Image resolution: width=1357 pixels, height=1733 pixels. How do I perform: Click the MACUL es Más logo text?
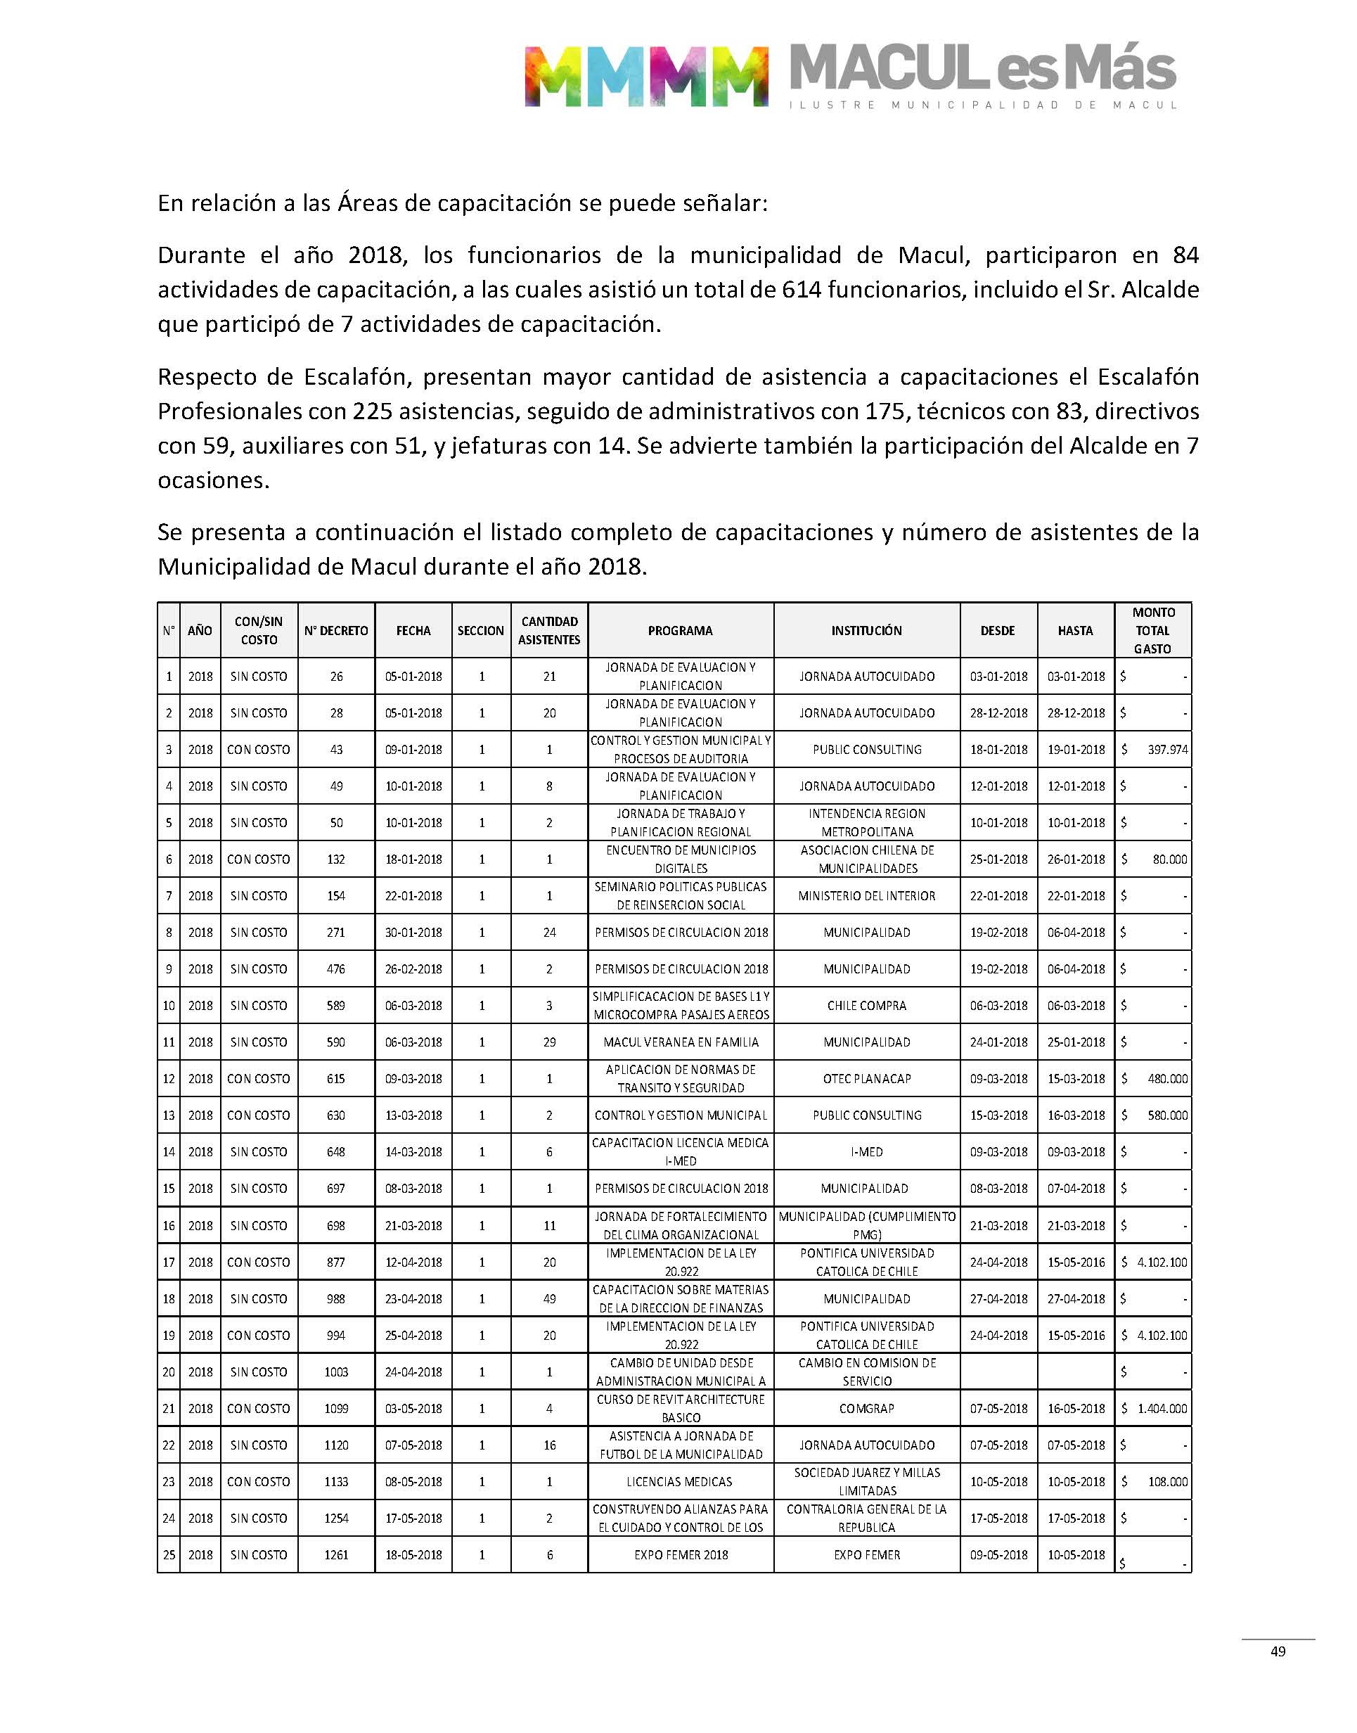(x=983, y=70)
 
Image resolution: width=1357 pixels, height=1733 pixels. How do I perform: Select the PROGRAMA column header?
(x=680, y=631)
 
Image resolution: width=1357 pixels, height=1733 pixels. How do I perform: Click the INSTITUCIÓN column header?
(x=866, y=631)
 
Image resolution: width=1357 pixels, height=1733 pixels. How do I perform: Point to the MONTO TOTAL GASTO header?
(x=1153, y=631)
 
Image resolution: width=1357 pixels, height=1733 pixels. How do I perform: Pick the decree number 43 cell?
(x=336, y=749)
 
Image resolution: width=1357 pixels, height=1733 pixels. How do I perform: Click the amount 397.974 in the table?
(x=1167, y=749)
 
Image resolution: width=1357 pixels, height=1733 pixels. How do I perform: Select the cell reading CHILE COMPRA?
(x=866, y=1006)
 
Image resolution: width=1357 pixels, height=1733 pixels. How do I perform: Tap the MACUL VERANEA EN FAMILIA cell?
(x=680, y=1042)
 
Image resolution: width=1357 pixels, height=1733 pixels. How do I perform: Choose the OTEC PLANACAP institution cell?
(x=866, y=1079)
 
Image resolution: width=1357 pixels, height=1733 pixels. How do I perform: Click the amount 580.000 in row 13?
(x=1167, y=1115)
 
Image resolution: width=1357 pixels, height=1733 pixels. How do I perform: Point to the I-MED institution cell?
(x=866, y=1152)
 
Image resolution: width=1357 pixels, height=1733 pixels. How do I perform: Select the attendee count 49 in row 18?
(x=549, y=1299)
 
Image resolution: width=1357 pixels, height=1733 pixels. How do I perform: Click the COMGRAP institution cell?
(x=866, y=1409)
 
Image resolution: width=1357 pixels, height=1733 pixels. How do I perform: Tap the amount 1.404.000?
(x=1162, y=1409)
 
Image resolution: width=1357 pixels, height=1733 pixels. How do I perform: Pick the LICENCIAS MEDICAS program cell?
(x=680, y=1482)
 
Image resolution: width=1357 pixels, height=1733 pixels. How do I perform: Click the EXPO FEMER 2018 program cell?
(x=680, y=1555)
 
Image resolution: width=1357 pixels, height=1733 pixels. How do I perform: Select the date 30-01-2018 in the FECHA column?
(x=413, y=933)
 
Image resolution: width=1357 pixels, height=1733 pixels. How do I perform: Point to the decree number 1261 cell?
(x=336, y=1555)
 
